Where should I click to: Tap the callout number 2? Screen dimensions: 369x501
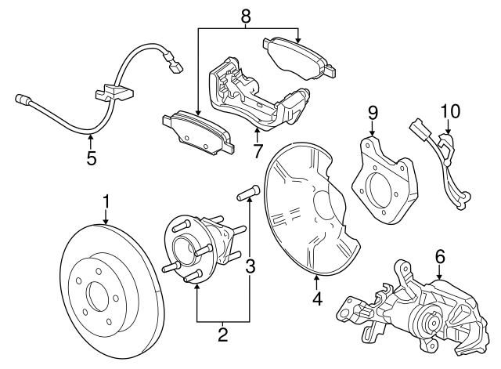tap(223, 336)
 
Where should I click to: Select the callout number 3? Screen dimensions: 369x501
tap(250, 267)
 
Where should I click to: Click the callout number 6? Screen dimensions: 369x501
tap(440, 255)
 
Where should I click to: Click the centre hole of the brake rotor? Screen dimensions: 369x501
tap(99, 297)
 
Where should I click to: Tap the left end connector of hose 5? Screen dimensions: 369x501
tap(21, 99)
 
